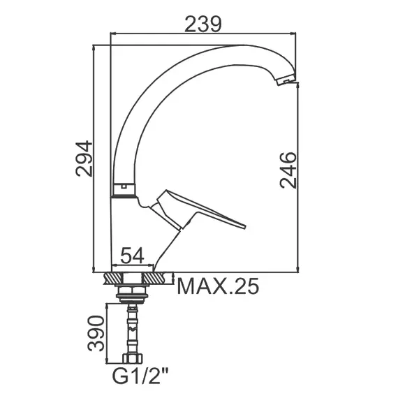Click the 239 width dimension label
click(x=203, y=24)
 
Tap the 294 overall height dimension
click(x=84, y=159)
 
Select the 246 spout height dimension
click(x=288, y=170)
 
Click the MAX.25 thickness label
click(x=218, y=286)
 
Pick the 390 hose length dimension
click(x=96, y=333)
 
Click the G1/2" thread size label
click(x=140, y=377)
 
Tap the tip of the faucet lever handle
click(x=245, y=227)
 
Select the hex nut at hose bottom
click(x=133, y=359)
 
